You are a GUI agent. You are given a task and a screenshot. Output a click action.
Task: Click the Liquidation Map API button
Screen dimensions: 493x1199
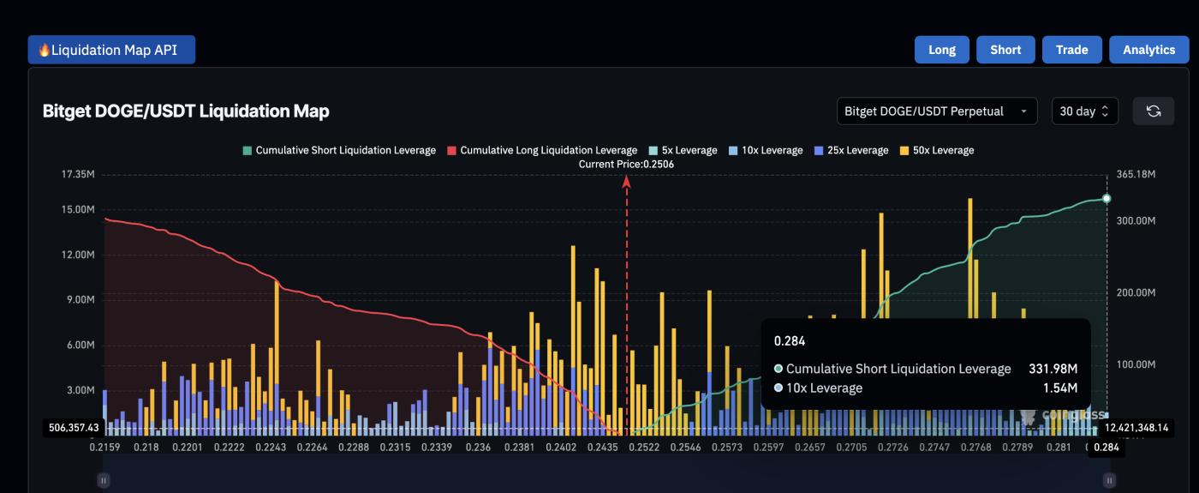coord(111,50)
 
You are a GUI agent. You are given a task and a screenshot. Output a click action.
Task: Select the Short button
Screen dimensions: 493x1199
coord(1005,50)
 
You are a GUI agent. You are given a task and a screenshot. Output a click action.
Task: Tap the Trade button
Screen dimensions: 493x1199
coord(1071,50)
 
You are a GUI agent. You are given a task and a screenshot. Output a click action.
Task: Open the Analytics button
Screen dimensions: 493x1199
coord(1148,50)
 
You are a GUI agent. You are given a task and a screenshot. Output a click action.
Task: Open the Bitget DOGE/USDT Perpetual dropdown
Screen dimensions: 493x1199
coord(936,111)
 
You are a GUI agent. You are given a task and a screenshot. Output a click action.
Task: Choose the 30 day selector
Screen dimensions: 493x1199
coord(1084,111)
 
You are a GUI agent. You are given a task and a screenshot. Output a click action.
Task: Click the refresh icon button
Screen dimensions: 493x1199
coord(1154,111)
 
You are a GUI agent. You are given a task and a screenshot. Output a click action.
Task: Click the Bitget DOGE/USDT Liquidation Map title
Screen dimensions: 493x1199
coord(186,111)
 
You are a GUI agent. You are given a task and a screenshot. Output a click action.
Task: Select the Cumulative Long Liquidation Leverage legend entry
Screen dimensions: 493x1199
coord(542,150)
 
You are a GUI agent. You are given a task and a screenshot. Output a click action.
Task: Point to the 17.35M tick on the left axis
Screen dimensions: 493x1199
coord(78,175)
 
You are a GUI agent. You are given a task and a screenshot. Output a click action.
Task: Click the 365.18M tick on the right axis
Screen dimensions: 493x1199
coord(1136,175)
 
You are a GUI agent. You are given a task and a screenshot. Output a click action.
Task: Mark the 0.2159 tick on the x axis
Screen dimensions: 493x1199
coord(105,447)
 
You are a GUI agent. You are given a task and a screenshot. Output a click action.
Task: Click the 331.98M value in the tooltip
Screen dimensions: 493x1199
coord(1053,369)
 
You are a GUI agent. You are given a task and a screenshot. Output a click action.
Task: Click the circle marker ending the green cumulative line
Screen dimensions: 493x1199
coord(1107,199)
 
